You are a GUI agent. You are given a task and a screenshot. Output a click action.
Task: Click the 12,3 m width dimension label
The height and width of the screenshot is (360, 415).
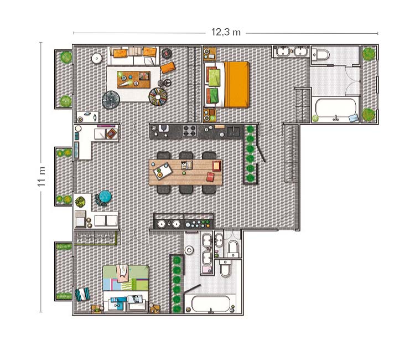(226, 32)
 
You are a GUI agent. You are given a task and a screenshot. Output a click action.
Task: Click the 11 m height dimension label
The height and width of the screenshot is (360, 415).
(41, 177)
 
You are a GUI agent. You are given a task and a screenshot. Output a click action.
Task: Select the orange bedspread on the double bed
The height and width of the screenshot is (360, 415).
(237, 85)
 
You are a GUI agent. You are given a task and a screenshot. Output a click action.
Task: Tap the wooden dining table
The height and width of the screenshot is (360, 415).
(185, 172)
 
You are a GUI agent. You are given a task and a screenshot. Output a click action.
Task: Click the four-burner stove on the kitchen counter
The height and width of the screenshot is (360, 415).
(189, 131)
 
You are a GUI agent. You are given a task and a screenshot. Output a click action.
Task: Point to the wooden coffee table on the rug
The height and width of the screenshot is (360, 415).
(134, 79)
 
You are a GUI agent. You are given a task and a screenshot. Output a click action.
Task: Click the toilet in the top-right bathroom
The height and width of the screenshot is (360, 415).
(321, 55)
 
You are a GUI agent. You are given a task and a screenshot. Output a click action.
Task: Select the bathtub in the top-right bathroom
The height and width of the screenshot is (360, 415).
(335, 109)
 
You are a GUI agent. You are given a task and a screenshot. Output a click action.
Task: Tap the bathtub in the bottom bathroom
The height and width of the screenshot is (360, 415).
(211, 304)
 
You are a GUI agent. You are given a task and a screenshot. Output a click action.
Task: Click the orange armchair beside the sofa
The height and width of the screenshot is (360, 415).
(168, 68)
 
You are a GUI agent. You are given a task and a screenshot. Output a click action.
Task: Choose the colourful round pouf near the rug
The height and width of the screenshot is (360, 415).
(158, 97)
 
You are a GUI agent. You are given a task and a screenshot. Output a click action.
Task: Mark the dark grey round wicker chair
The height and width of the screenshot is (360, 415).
(111, 100)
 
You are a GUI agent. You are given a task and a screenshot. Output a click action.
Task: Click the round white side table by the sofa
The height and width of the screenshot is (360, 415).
(97, 59)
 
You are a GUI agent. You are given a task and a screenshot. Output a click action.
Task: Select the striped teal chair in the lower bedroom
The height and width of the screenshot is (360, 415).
(82, 294)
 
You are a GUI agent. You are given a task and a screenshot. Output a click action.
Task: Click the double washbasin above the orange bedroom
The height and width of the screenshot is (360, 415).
(291, 52)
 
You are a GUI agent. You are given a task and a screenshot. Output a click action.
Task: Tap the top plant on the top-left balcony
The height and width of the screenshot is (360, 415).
(66, 56)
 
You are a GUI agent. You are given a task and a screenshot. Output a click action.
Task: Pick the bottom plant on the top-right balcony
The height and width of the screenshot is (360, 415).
(369, 115)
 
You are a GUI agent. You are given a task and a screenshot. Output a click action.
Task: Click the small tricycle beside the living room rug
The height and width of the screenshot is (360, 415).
(164, 83)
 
